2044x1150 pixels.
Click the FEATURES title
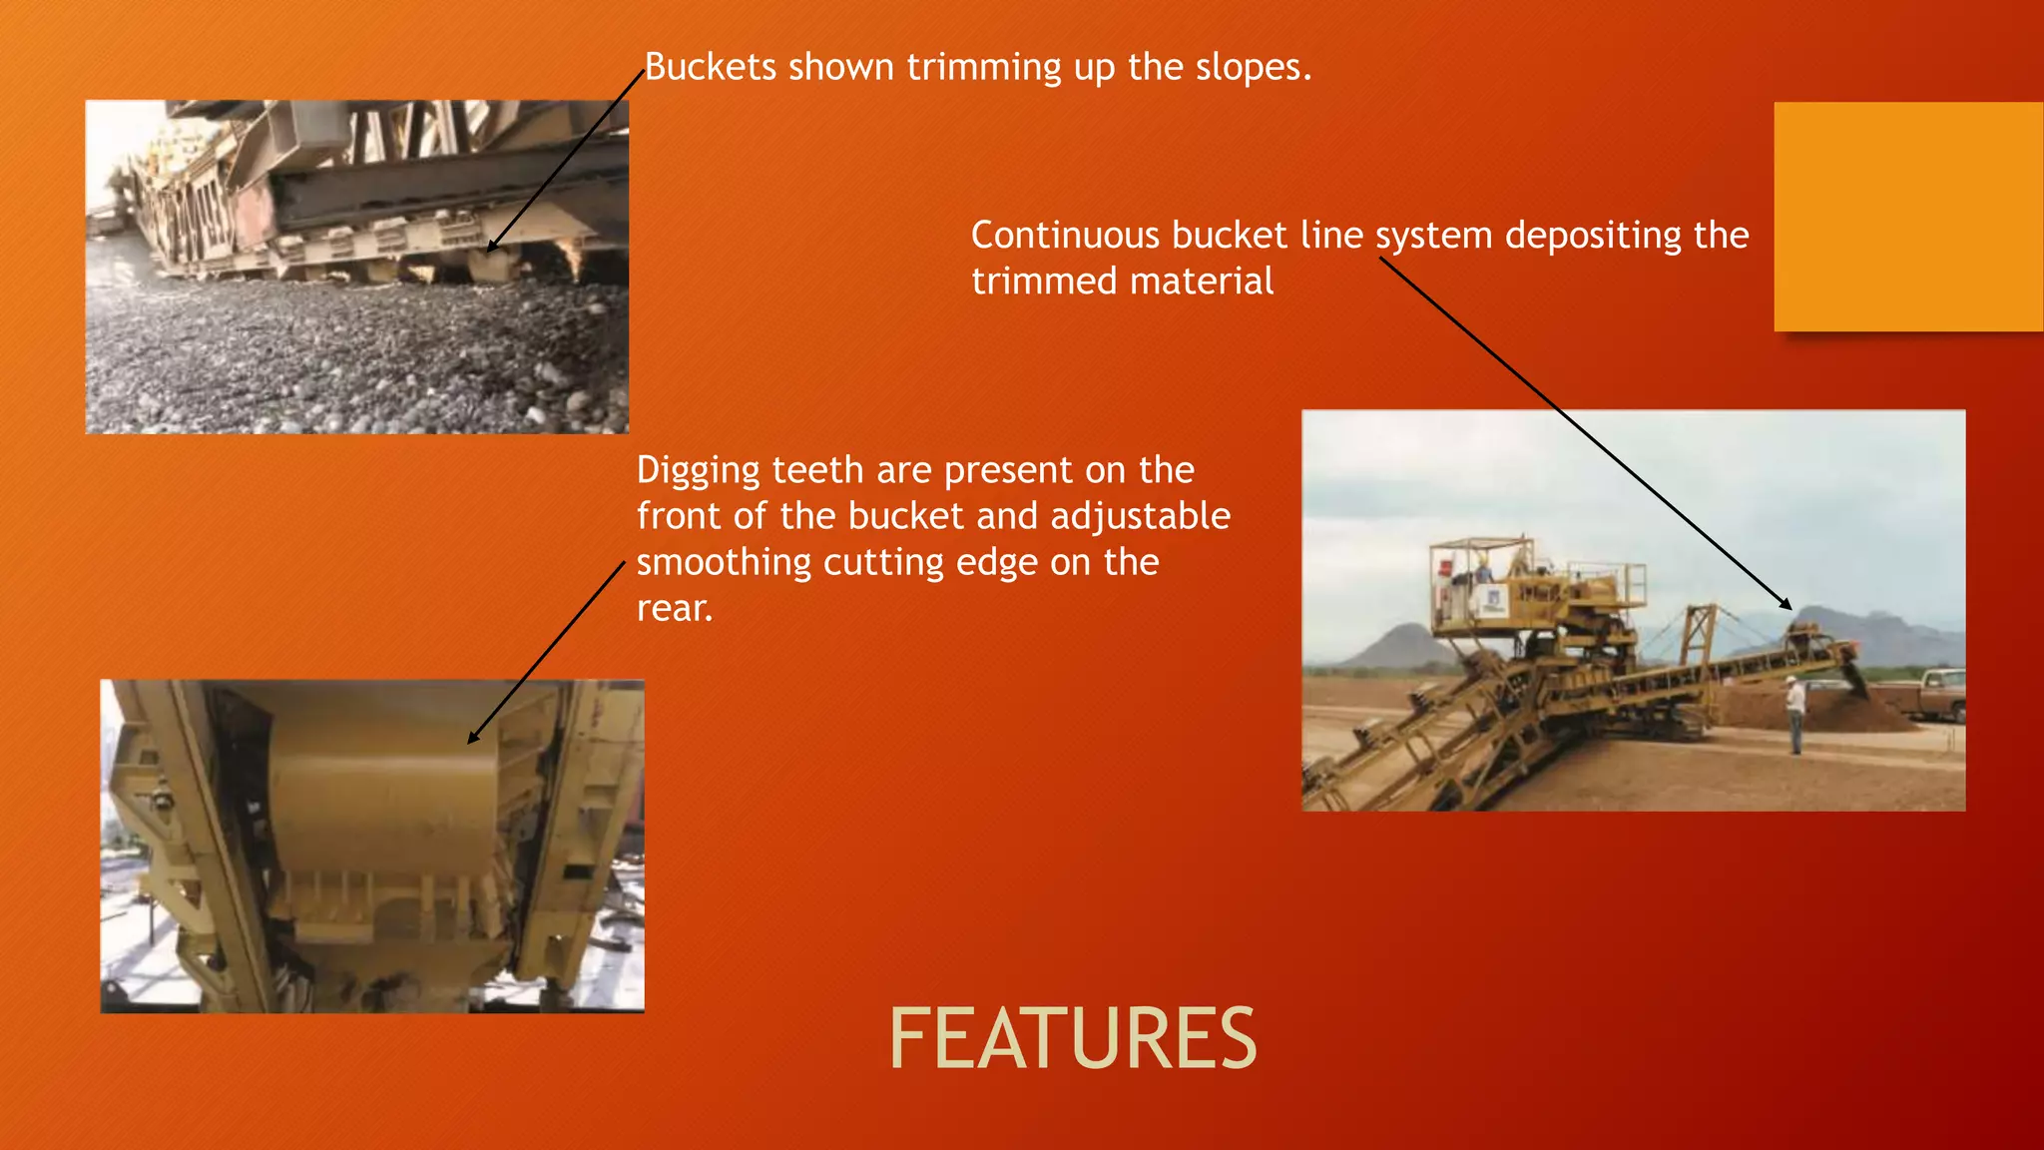click(1072, 1039)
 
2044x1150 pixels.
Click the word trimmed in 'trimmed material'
click(1032, 282)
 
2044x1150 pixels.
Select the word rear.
click(675, 608)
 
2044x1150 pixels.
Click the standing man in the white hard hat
click(1795, 713)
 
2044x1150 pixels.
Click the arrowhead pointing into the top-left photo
click(490, 248)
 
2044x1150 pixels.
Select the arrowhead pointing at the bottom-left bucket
click(472, 740)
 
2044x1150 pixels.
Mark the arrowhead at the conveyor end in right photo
click(1788, 606)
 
